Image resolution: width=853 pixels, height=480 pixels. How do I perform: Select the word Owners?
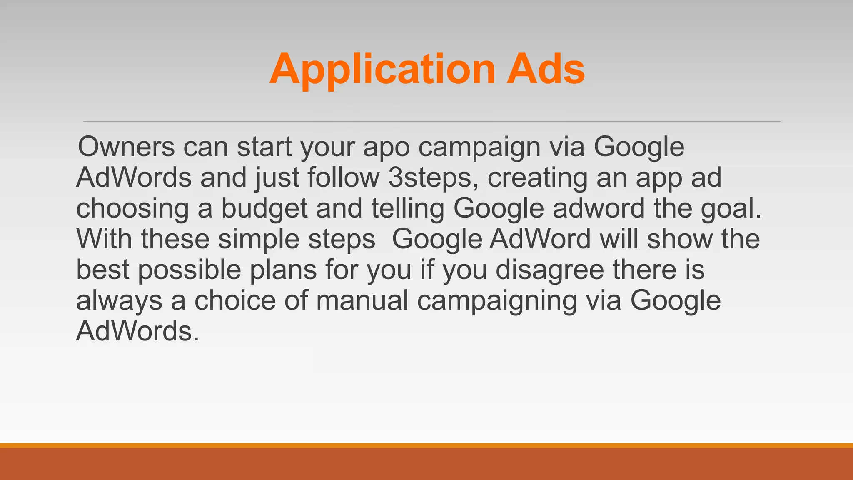click(126, 147)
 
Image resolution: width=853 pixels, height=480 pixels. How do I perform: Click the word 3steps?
click(433, 178)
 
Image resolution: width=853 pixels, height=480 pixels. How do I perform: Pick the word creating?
click(537, 178)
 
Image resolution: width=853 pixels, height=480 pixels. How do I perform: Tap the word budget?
click(264, 209)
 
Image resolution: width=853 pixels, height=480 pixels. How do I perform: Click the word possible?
click(190, 270)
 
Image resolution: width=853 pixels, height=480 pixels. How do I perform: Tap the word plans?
click(283, 270)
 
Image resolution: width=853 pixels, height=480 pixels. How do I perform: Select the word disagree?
click(550, 270)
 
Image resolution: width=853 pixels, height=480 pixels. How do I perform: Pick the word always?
click(119, 301)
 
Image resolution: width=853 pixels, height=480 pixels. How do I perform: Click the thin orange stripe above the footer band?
click(426, 445)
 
